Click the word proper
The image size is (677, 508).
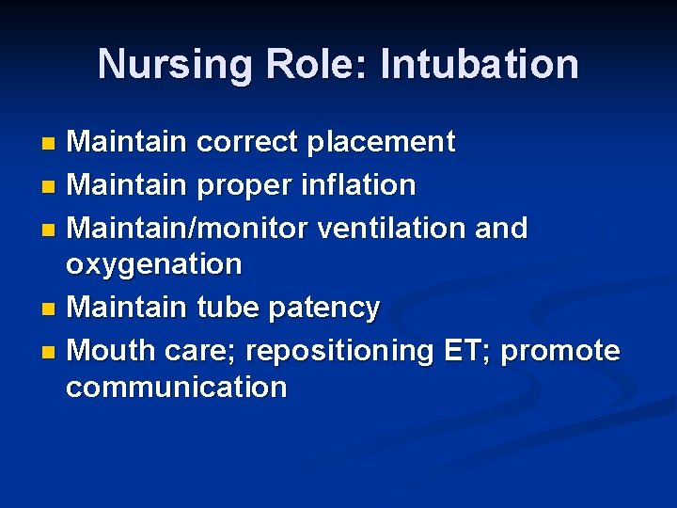point(246,185)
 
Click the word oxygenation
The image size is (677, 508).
point(153,264)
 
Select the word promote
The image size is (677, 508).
point(560,351)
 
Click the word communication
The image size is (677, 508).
point(176,387)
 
